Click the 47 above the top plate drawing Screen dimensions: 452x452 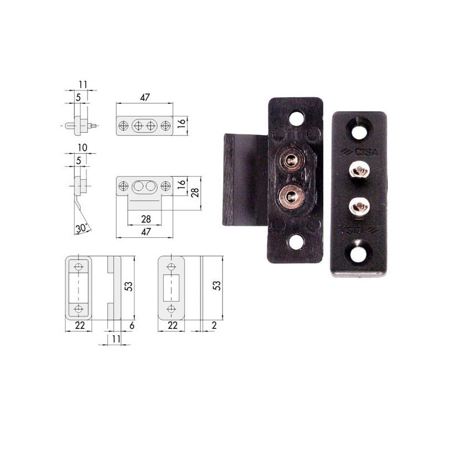point(144,97)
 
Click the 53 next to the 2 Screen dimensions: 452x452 point(216,286)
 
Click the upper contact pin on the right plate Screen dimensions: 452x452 point(358,168)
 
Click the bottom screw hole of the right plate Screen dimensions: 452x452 point(358,253)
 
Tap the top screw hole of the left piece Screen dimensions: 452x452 point(295,118)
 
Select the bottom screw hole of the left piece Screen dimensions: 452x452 point(295,243)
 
